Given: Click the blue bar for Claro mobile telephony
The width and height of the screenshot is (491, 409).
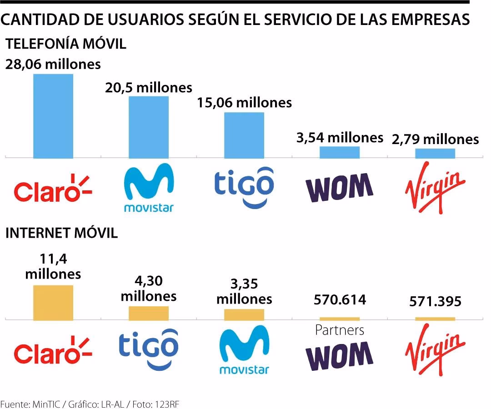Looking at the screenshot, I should (53, 116).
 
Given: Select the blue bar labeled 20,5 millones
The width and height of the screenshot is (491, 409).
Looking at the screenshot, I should (149, 127).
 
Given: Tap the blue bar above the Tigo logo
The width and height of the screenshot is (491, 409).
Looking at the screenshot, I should (244, 135).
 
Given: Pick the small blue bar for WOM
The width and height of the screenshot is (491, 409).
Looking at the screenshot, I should (340, 152).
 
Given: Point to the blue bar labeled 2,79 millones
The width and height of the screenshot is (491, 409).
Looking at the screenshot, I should (435, 154).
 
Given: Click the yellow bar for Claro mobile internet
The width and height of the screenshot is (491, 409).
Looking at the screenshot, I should (53, 302).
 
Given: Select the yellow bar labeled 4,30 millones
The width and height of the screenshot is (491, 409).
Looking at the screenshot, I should (149, 313).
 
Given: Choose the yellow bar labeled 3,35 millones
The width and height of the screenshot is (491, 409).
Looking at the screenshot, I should (244, 314).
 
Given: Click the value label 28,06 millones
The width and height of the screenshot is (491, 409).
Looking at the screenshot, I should (53, 64).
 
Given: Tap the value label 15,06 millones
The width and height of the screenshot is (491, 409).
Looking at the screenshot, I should (244, 103).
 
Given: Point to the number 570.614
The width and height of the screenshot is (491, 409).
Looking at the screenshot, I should (340, 300).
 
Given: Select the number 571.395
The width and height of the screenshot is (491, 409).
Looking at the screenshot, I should (435, 301).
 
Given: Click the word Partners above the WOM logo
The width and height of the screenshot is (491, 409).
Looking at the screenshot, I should (340, 329).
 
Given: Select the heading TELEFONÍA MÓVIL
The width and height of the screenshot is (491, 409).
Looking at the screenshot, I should (65, 44).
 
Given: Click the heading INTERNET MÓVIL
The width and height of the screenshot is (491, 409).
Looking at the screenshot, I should (61, 233).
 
